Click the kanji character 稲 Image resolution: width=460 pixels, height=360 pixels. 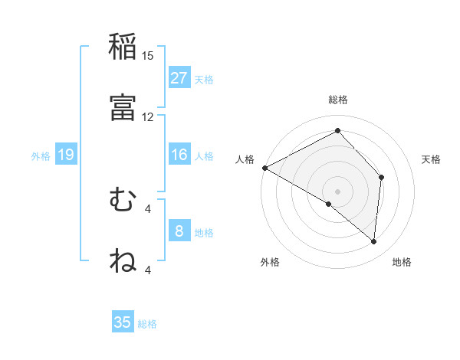click(123, 47)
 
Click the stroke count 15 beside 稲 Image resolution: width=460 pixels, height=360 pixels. click(148, 56)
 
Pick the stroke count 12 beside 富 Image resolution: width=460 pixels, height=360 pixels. click(148, 116)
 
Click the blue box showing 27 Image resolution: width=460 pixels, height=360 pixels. click(179, 78)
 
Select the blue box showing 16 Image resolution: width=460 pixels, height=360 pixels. click(179, 155)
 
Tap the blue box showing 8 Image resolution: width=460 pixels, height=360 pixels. click(179, 231)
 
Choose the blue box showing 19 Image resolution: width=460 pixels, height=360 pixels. click(66, 155)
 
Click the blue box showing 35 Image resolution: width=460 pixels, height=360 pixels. click(123, 322)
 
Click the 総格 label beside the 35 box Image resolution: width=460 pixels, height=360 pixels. click(147, 324)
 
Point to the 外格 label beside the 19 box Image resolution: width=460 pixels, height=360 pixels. click(41, 156)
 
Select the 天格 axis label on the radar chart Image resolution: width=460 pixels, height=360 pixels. click(432, 159)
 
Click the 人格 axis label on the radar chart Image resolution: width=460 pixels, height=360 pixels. click(245, 159)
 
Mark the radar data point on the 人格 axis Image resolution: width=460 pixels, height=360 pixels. click(264, 168)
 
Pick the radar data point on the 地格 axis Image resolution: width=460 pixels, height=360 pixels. click(374, 241)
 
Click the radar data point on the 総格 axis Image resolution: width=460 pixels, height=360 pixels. click(337, 131)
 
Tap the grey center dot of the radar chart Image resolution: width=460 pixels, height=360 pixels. click(337, 191)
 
